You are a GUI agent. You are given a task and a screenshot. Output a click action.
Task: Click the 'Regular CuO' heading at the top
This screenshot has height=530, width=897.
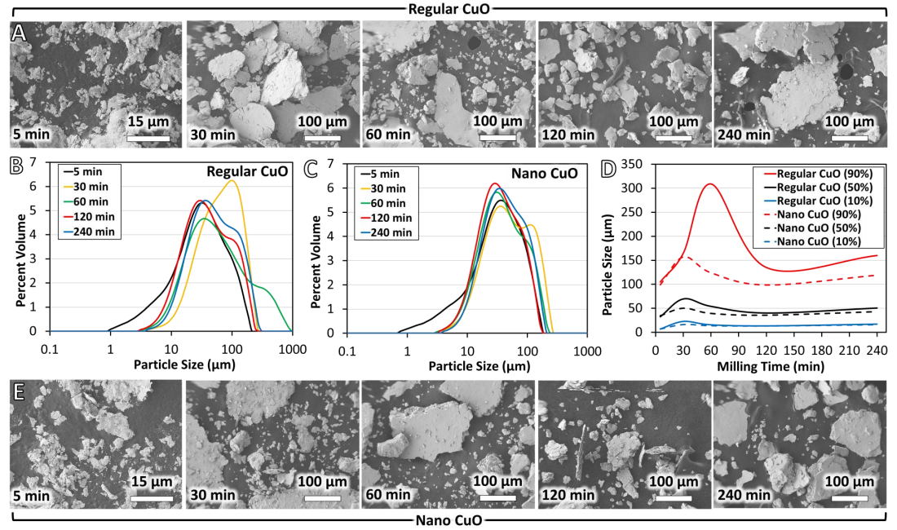click(448, 8)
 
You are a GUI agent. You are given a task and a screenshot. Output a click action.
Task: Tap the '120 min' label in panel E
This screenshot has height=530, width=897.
click(568, 495)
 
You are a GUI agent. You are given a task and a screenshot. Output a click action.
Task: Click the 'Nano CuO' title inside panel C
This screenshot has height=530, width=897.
click(551, 174)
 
